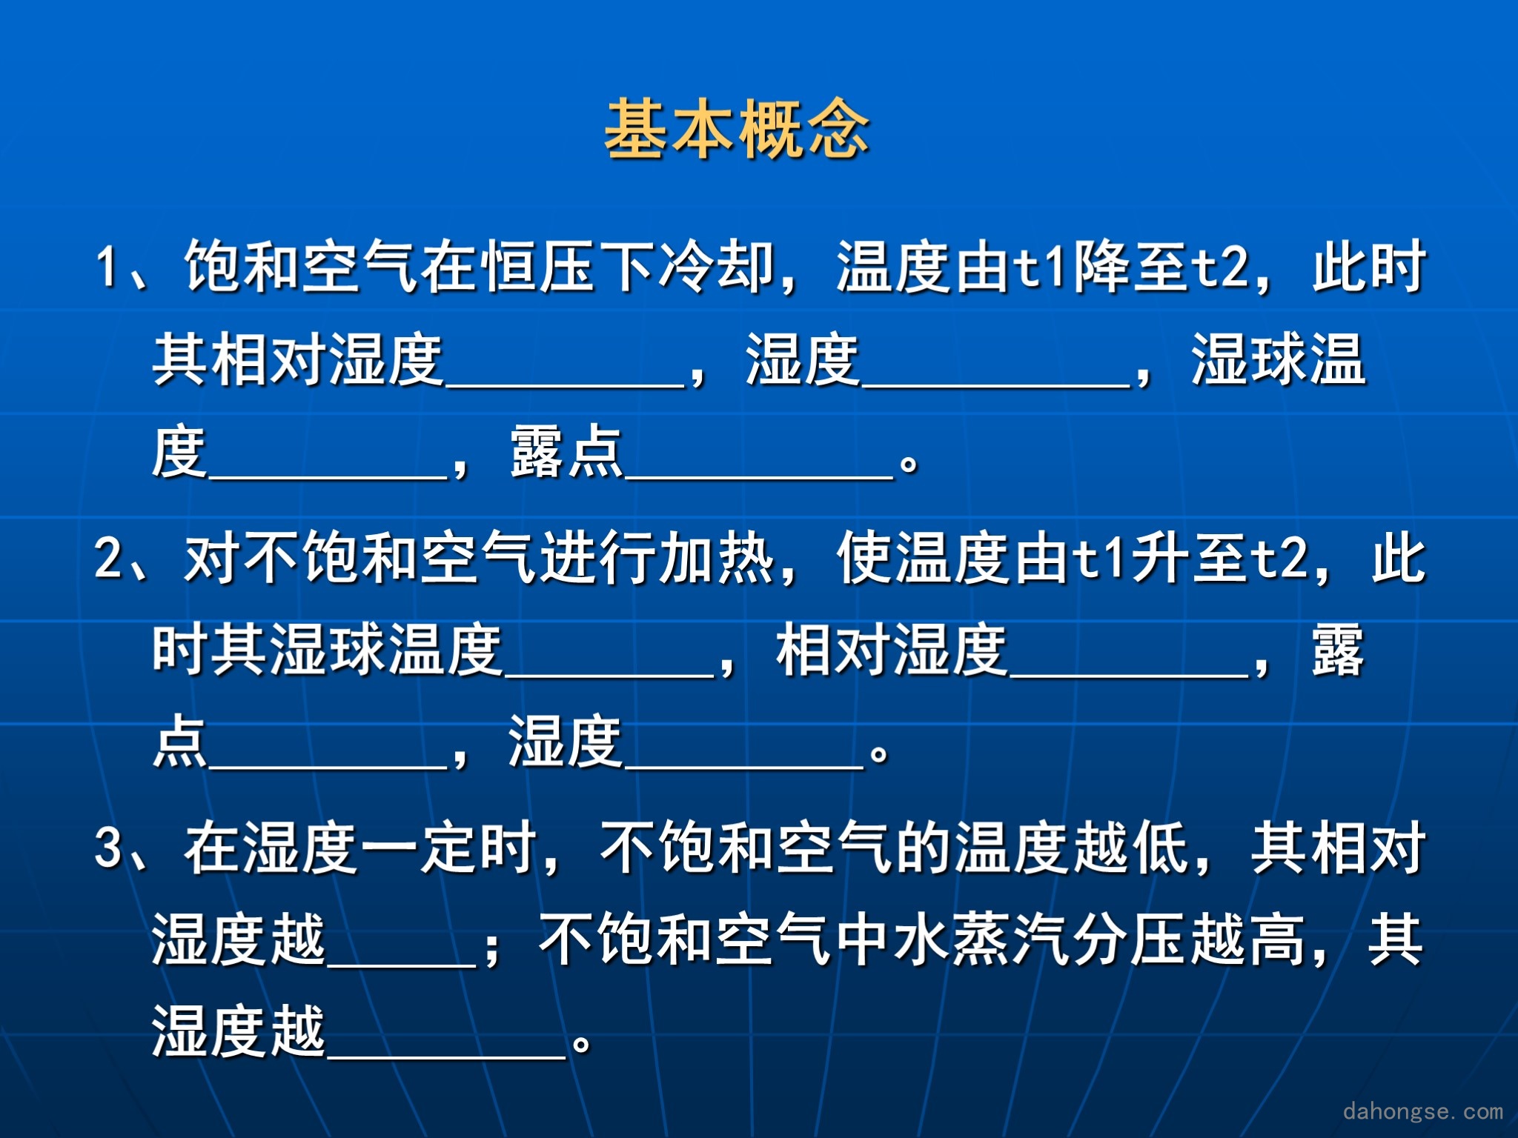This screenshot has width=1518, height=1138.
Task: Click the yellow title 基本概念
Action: point(738,129)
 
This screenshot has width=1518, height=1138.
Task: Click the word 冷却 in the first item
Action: point(717,266)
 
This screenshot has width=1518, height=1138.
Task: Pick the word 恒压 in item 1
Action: point(539,266)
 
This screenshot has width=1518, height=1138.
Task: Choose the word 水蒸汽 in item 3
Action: point(983,939)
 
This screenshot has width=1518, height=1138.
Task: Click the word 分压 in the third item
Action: point(1130,939)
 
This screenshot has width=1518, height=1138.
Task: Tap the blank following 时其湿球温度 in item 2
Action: point(609,675)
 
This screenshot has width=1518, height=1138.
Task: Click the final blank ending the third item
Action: point(447,1056)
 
